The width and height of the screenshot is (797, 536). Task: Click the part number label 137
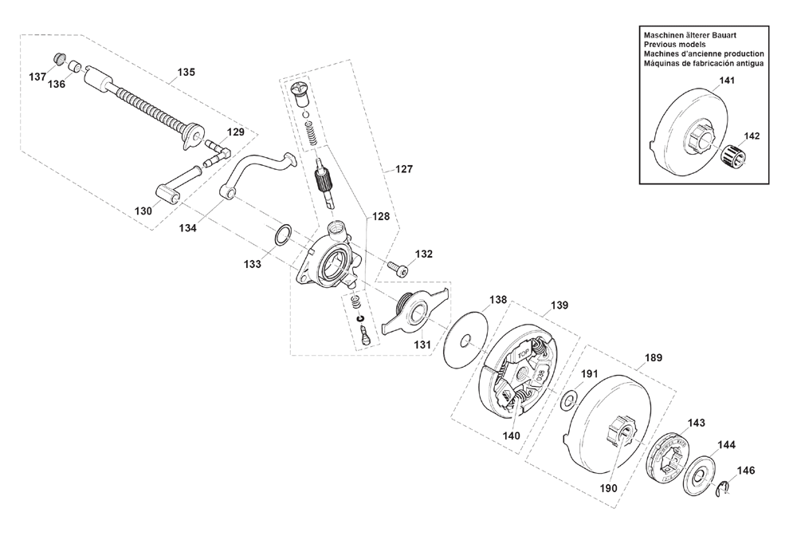[37, 77]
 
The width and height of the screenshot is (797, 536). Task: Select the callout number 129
[235, 132]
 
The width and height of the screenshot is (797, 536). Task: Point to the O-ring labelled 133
[283, 235]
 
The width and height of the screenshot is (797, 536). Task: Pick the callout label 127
[403, 169]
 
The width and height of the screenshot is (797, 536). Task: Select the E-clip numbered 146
[724, 487]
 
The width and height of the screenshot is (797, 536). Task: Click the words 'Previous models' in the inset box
[674, 44]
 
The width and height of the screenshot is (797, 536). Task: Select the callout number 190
[608, 488]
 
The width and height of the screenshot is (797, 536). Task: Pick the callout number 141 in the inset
[727, 81]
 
